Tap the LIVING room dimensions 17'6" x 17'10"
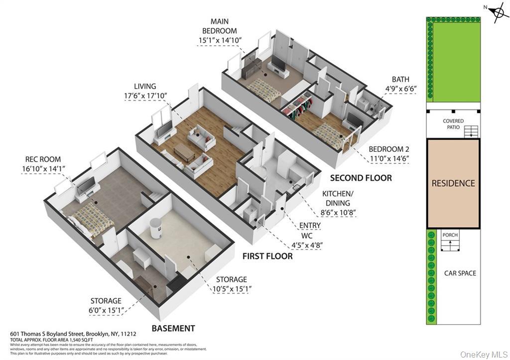click(145, 96)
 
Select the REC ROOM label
click(43, 159)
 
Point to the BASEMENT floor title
click(173, 328)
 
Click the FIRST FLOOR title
click(267, 256)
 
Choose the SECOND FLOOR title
click(361, 178)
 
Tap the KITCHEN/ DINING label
click(336, 198)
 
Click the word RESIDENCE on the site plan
click(453, 183)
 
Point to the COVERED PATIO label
click(453, 124)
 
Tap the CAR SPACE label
click(460, 273)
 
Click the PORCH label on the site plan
click(450, 235)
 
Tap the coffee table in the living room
click(184, 152)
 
